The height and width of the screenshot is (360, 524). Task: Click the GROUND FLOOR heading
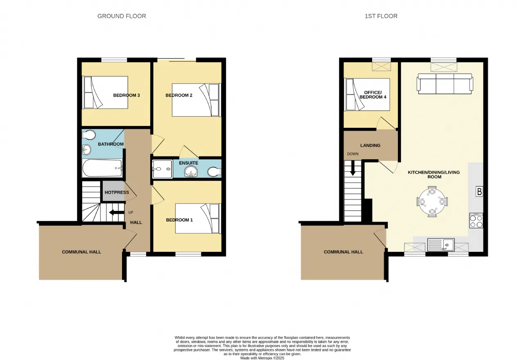122,16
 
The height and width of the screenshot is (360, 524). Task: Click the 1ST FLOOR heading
381,16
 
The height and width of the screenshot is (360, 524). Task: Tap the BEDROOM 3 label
126,95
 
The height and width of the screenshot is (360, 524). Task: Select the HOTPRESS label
117,192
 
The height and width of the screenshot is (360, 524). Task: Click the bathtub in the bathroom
102,168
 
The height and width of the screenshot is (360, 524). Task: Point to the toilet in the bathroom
89,135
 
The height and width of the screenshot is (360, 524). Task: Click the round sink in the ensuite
191,172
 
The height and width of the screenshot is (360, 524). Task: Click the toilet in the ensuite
214,172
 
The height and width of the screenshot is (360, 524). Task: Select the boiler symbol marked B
479,192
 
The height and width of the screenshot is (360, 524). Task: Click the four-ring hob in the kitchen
476,220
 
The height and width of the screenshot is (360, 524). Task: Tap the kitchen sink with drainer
441,245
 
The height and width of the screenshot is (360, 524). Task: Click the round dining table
432,202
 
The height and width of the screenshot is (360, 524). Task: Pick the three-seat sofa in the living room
445,84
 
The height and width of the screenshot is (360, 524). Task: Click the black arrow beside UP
117,213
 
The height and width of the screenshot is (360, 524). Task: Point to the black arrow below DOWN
352,168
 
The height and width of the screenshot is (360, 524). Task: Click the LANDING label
370,145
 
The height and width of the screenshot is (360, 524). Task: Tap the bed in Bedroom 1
198,218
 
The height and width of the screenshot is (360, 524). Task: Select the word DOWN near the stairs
353,154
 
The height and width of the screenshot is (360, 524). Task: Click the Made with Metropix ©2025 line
262,358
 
